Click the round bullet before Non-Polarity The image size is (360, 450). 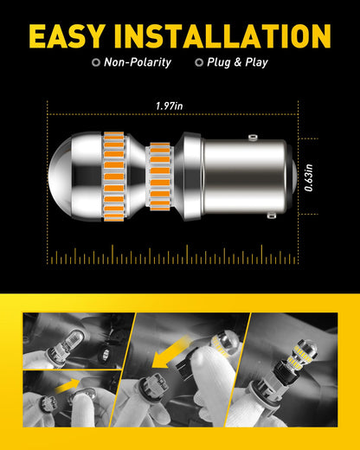pyautogui.click(x=95, y=62)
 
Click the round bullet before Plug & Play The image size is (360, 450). pyautogui.click(x=200, y=62)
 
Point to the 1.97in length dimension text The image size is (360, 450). pyautogui.click(x=169, y=106)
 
